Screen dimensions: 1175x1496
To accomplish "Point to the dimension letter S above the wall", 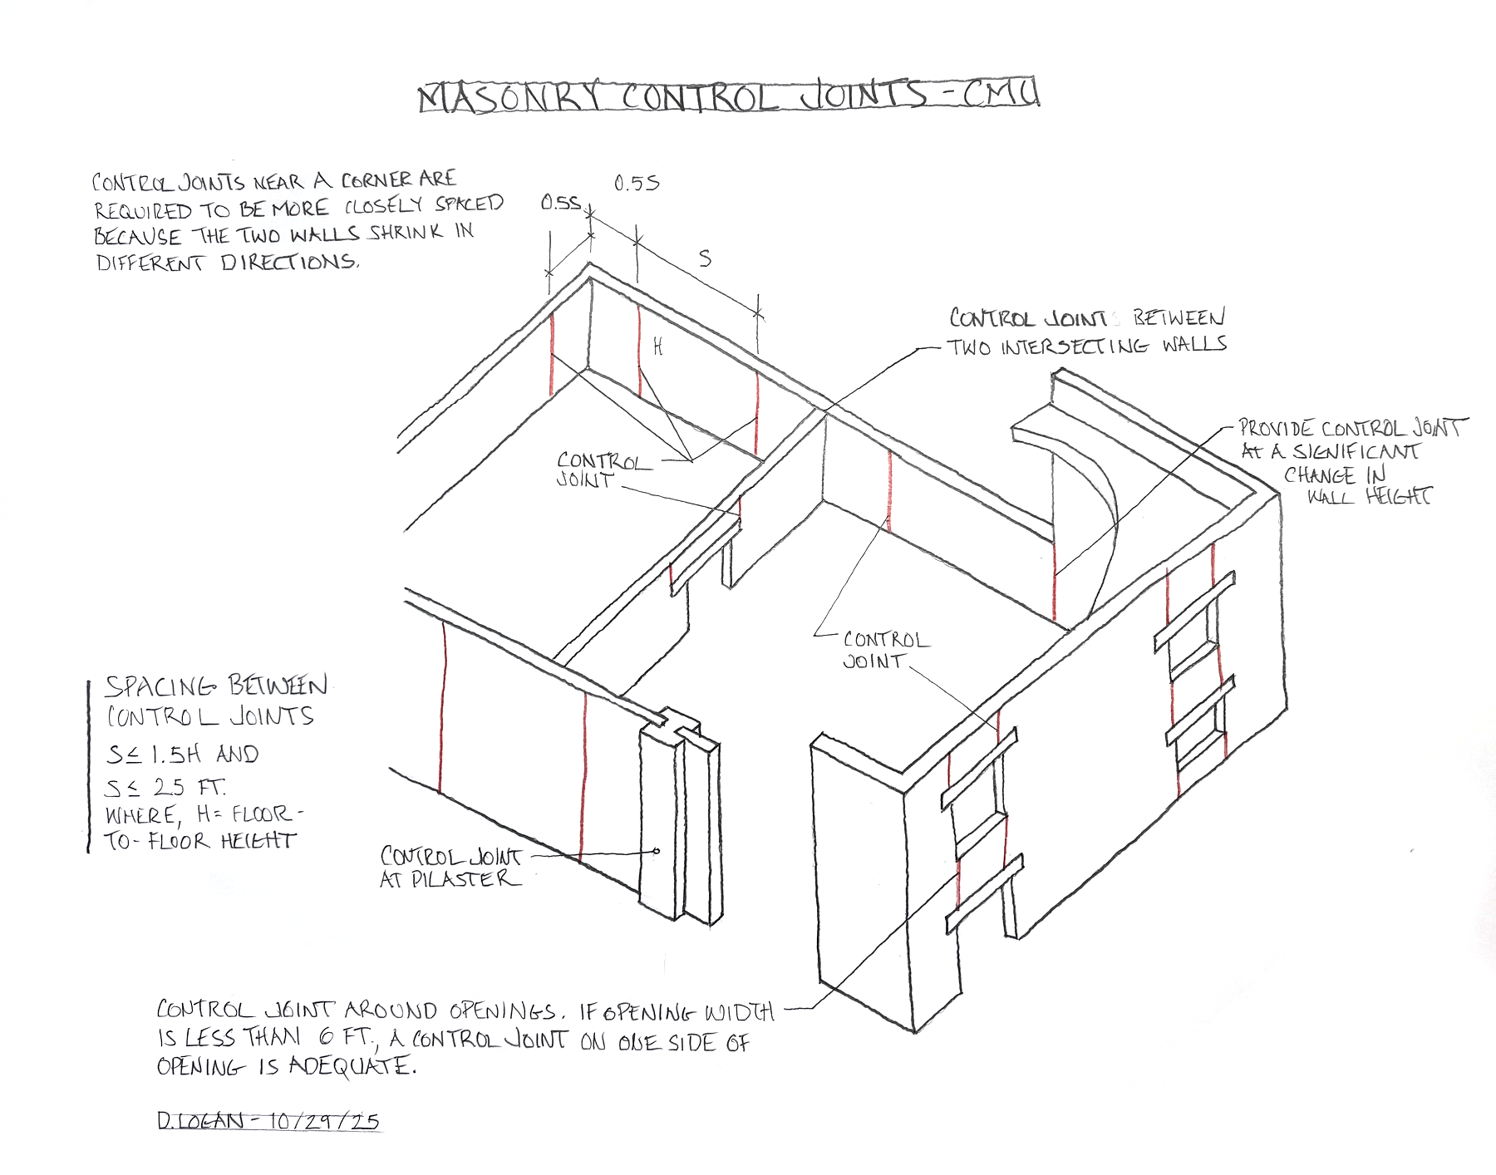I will pyautogui.click(x=705, y=258).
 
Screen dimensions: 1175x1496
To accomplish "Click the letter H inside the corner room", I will pyautogui.click(x=657, y=347).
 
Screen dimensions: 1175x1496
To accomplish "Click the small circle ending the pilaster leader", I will pyautogui.click(x=657, y=851).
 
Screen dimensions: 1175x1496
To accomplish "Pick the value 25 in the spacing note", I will pyautogui.click(x=169, y=787).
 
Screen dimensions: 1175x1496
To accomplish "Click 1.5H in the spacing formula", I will pyautogui.click(x=175, y=755).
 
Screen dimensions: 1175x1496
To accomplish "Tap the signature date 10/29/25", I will pyautogui.click(x=324, y=1121).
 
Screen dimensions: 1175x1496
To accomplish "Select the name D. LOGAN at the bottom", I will pyautogui.click(x=200, y=1121).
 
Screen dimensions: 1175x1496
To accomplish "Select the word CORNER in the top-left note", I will pyautogui.click(x=376, y=179).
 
